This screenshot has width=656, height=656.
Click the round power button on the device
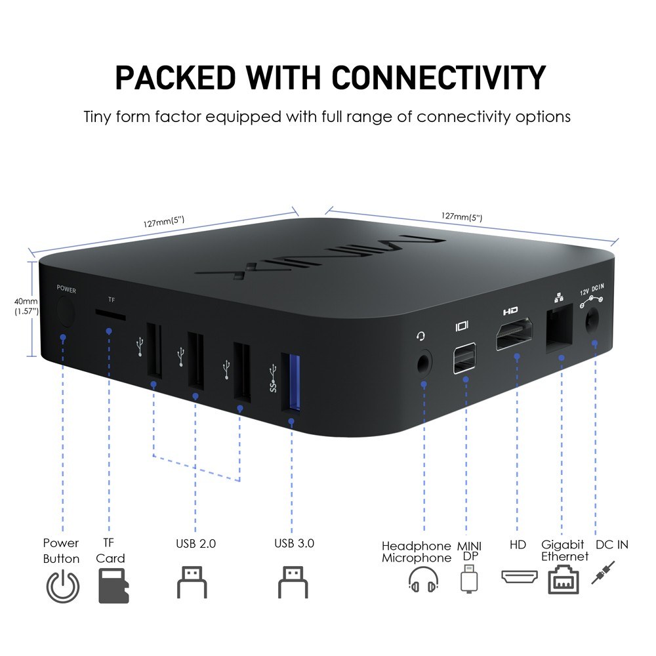[65, 312]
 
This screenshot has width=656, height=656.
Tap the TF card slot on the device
[110, 315]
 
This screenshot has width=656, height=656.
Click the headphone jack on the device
[424, 363]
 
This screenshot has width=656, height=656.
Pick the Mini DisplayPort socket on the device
[464, 358]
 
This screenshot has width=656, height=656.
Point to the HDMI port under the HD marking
[514, 333]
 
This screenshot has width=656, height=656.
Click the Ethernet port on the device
[559, 328]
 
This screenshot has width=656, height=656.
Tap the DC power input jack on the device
[592, 321]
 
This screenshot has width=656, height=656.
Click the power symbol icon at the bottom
[63, 586]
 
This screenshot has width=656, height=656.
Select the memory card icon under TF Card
[113, 585]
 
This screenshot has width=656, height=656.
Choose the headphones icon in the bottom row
[423, 579]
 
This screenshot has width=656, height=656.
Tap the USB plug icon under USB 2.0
[192, 582]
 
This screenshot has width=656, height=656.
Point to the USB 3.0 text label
[294, 543]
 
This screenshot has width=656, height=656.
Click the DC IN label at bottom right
[611, 544]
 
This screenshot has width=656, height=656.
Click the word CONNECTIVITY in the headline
[439, 78]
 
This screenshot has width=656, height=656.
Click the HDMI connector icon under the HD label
[519, 576]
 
